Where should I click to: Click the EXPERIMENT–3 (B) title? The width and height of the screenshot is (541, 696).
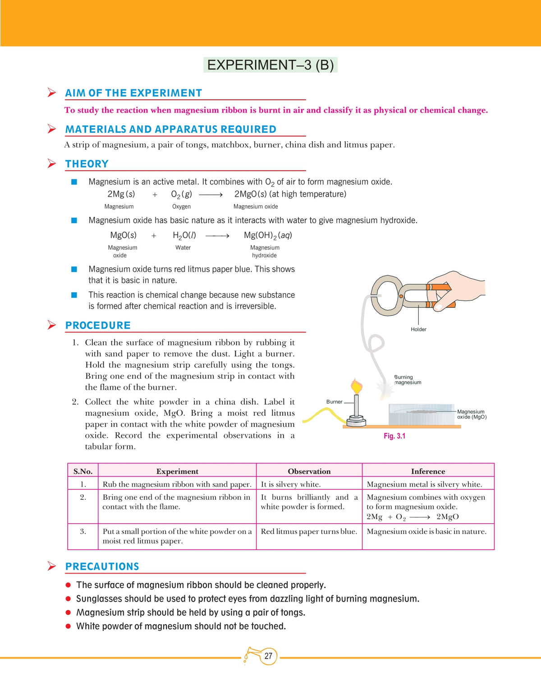tap(270, 65)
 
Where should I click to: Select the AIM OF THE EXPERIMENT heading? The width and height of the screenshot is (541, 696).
tap(133, 93)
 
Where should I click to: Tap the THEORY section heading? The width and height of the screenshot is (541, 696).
tap(87, 164)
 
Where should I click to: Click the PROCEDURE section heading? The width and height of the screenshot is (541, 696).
tap(98, 325)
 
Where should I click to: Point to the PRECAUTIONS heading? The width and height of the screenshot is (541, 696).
tap(102, 567)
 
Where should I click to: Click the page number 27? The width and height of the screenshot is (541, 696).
tap(268, 656)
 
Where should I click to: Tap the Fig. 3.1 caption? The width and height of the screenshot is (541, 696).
tap(394, 436)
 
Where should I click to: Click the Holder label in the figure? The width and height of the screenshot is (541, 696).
tap(418, 329)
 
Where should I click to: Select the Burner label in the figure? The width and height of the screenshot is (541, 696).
tap(334, 401)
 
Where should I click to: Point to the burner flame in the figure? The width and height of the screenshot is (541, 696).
tap(356, 386)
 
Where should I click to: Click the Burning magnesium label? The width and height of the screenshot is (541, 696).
tap(408, 380)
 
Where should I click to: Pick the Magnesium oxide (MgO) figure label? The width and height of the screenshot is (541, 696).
tap(472, 414)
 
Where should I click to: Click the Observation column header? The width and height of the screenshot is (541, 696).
tap(309, 471)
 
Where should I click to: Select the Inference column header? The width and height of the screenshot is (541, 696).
tap(428, 471)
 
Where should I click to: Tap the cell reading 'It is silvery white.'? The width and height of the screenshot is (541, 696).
tap(291, 484)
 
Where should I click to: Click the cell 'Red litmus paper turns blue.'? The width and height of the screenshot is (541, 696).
tap(309, 531)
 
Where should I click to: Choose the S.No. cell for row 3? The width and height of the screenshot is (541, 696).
tap(83, 531)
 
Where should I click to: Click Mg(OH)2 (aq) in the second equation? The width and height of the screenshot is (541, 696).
tap(268, 235)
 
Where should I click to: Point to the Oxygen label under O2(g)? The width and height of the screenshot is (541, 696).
tap(181, 207)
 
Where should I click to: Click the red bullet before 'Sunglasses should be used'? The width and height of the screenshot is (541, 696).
tap(68, 599)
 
